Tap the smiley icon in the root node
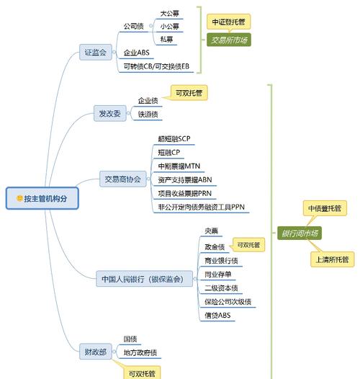tap(19, 199)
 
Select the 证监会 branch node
tap(95, 53)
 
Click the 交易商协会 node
tap(123, 179)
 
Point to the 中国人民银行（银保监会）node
tap(142, 278)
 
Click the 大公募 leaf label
tap(169, 13)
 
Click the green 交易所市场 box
tap(229, 40)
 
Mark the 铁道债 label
tap(149, 114)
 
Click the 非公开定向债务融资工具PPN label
tap(202, 207)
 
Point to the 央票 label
tap(210, 231)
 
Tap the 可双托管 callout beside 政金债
tap(249, 246)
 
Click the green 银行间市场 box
tap(299, 233)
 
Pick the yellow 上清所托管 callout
tap(332, 259)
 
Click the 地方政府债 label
tap(140, 352)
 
